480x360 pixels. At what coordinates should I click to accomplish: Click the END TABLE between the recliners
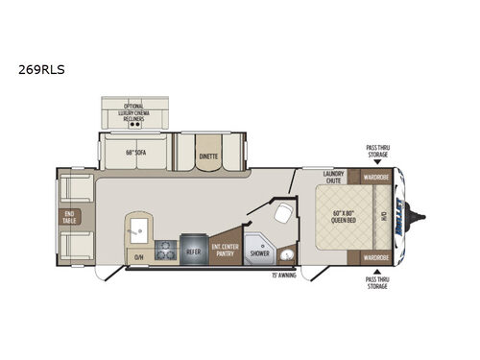(69, 216)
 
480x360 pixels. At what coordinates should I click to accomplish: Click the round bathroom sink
(286, 255)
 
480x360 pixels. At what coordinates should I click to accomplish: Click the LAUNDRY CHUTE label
(333, 177)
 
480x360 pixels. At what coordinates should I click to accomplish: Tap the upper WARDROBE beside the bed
(375, 177)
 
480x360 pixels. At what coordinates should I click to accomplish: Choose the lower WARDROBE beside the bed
(375, 257)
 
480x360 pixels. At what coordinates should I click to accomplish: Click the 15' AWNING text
(284, 276)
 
